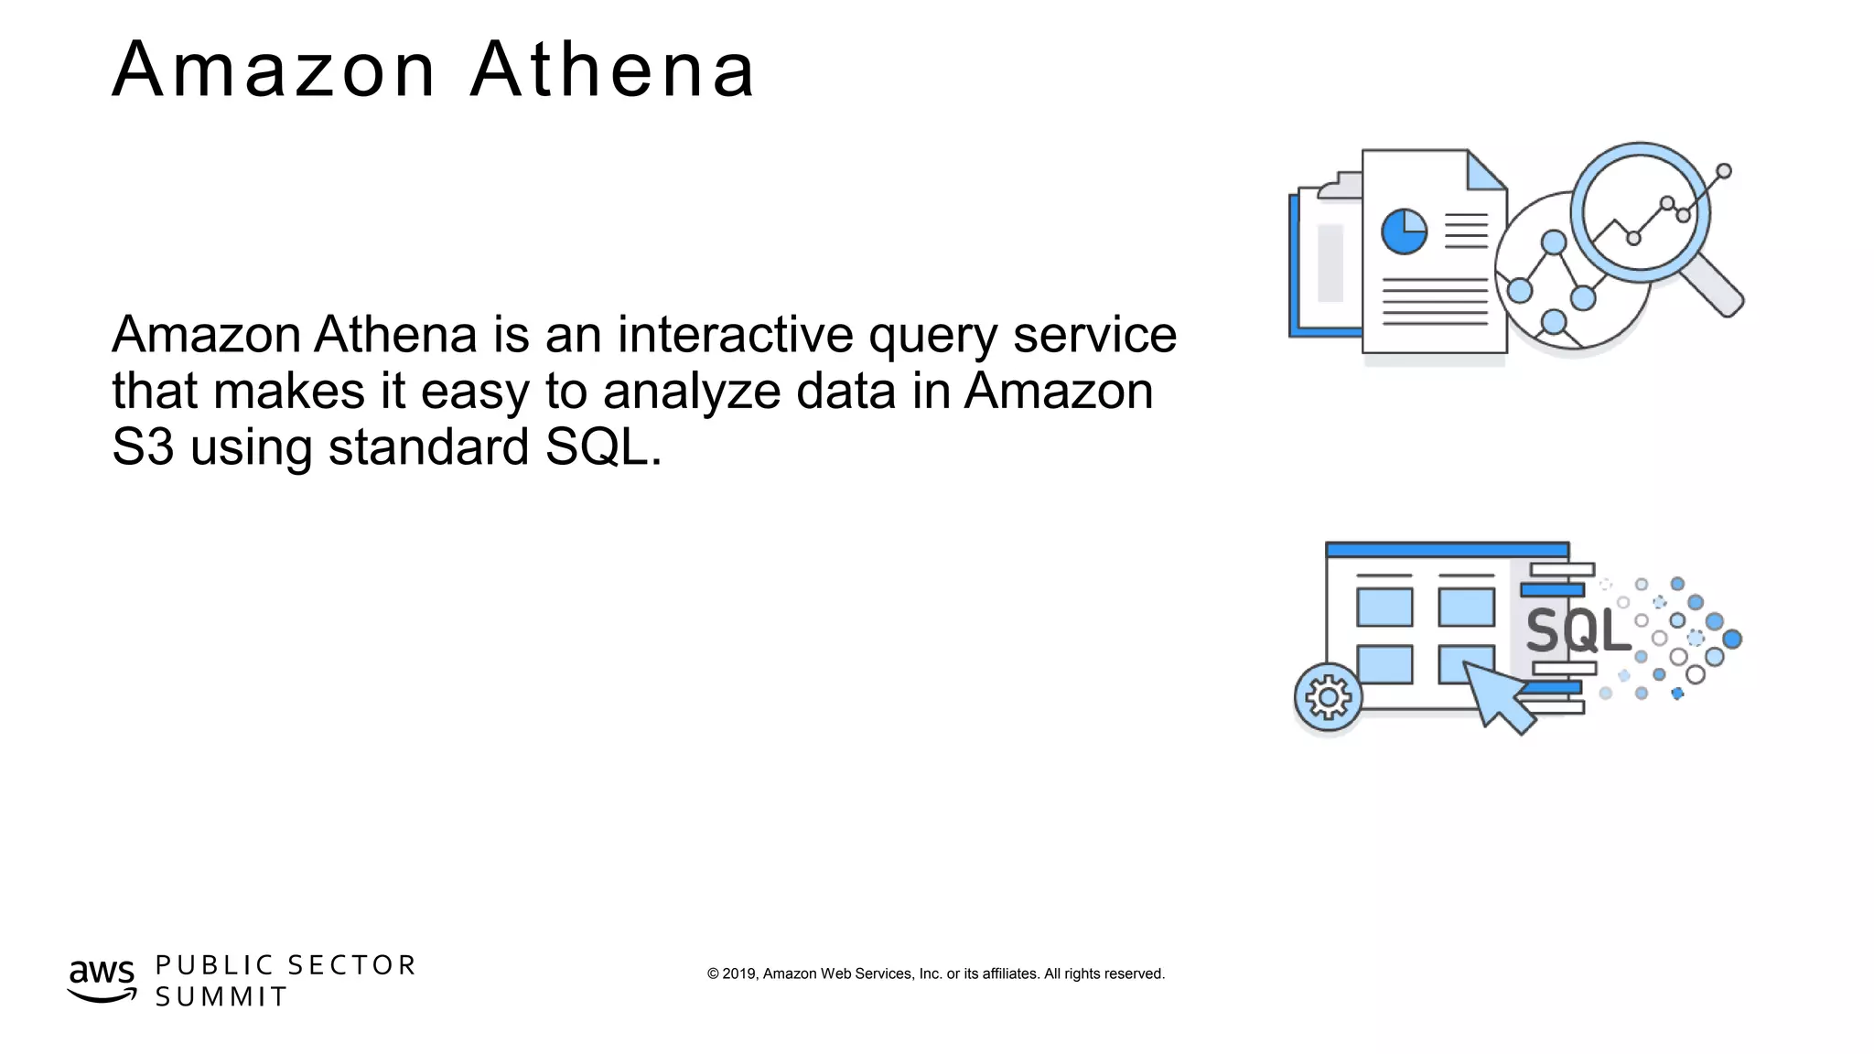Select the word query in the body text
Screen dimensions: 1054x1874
tap(932, 337)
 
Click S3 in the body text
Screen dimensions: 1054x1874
tap(143, 447)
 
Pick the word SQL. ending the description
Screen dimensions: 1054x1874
tap(603, 447)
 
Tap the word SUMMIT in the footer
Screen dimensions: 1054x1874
tap(221, 996)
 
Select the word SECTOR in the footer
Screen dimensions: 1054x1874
tap(351, 965)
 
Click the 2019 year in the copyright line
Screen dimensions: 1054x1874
tap(739, 973)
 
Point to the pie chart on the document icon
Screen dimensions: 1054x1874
tap(1404, 231)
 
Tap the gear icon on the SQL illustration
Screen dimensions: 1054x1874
tap(1328, 697)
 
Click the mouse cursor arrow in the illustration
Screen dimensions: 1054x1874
tap(1497, 694)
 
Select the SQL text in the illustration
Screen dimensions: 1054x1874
tap(1578, 630)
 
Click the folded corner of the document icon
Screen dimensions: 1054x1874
tap(1485, 171)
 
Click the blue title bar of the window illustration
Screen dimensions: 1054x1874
tap(1447, 550)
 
